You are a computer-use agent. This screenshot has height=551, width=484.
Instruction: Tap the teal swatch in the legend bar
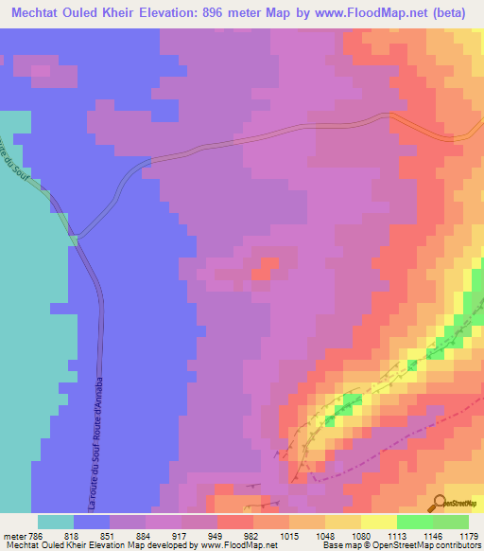click(x=55, y=523)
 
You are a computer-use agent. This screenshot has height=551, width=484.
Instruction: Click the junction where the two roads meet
click(x=77, y=239)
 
